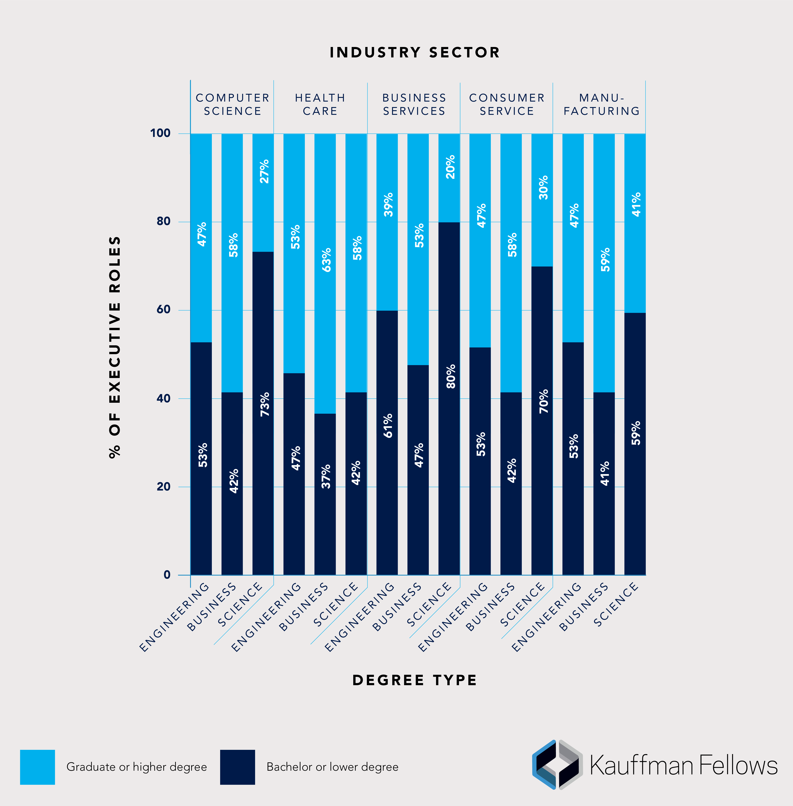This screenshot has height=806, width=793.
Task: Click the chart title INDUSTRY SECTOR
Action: [414, 52]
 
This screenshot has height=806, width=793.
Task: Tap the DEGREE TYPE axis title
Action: [414, 680]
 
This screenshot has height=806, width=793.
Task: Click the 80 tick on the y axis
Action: [163, 221]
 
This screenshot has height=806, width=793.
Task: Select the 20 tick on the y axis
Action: [163, 486]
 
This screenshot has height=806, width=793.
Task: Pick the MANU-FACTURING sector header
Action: [601, 104]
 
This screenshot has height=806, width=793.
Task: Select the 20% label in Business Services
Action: [450, 167]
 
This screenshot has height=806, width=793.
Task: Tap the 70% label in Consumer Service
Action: [544, 401]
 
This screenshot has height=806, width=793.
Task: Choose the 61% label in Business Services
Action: [388, 426]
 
